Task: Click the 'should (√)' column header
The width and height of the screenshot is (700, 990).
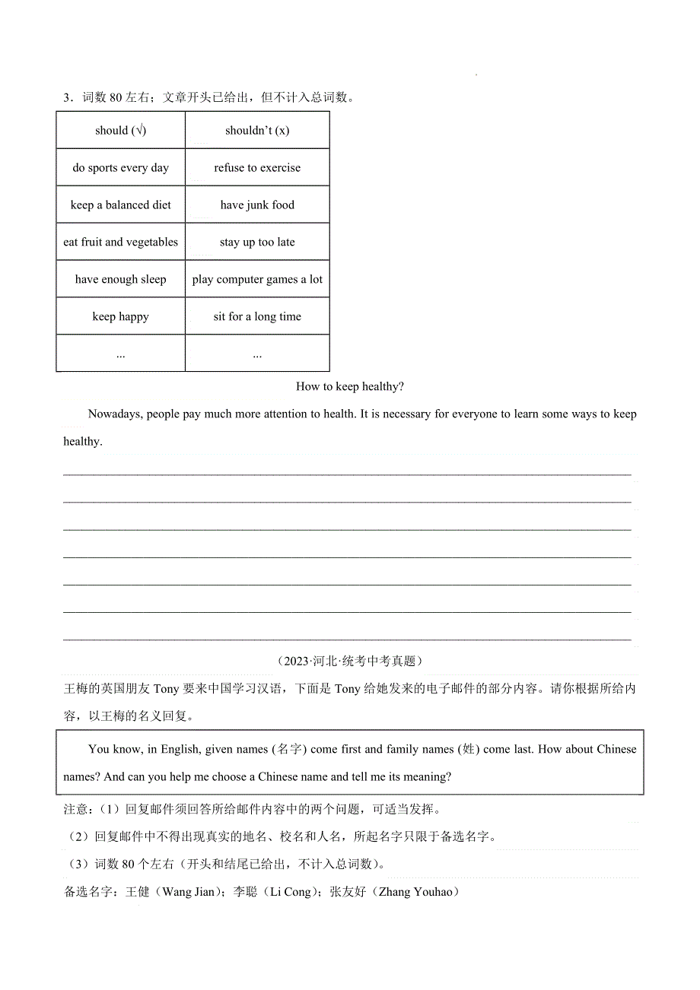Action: click(120, 130)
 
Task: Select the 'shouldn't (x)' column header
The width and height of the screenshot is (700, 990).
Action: click(257, 130)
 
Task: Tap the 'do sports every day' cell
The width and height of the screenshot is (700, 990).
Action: click(120, 167)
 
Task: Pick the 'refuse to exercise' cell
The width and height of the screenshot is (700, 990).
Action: click(257, 167)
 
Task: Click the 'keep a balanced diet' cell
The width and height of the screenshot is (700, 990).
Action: click(120, 205)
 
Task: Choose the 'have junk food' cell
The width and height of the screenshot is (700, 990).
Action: click(257, 205)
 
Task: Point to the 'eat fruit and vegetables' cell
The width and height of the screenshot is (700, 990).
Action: click(120, 242)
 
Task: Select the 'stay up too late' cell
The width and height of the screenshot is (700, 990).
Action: click(257, 242)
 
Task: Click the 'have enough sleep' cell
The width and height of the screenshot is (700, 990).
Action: click(120, 279)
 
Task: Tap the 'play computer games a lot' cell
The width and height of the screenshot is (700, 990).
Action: click(257, 279)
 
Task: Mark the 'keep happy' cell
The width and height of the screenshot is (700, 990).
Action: click(120, 316)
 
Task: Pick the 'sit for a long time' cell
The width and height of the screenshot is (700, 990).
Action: click(257, 316)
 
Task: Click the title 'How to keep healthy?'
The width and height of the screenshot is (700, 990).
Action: click(349, 386)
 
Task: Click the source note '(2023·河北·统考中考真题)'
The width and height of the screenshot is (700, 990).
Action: click(349, 662)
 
